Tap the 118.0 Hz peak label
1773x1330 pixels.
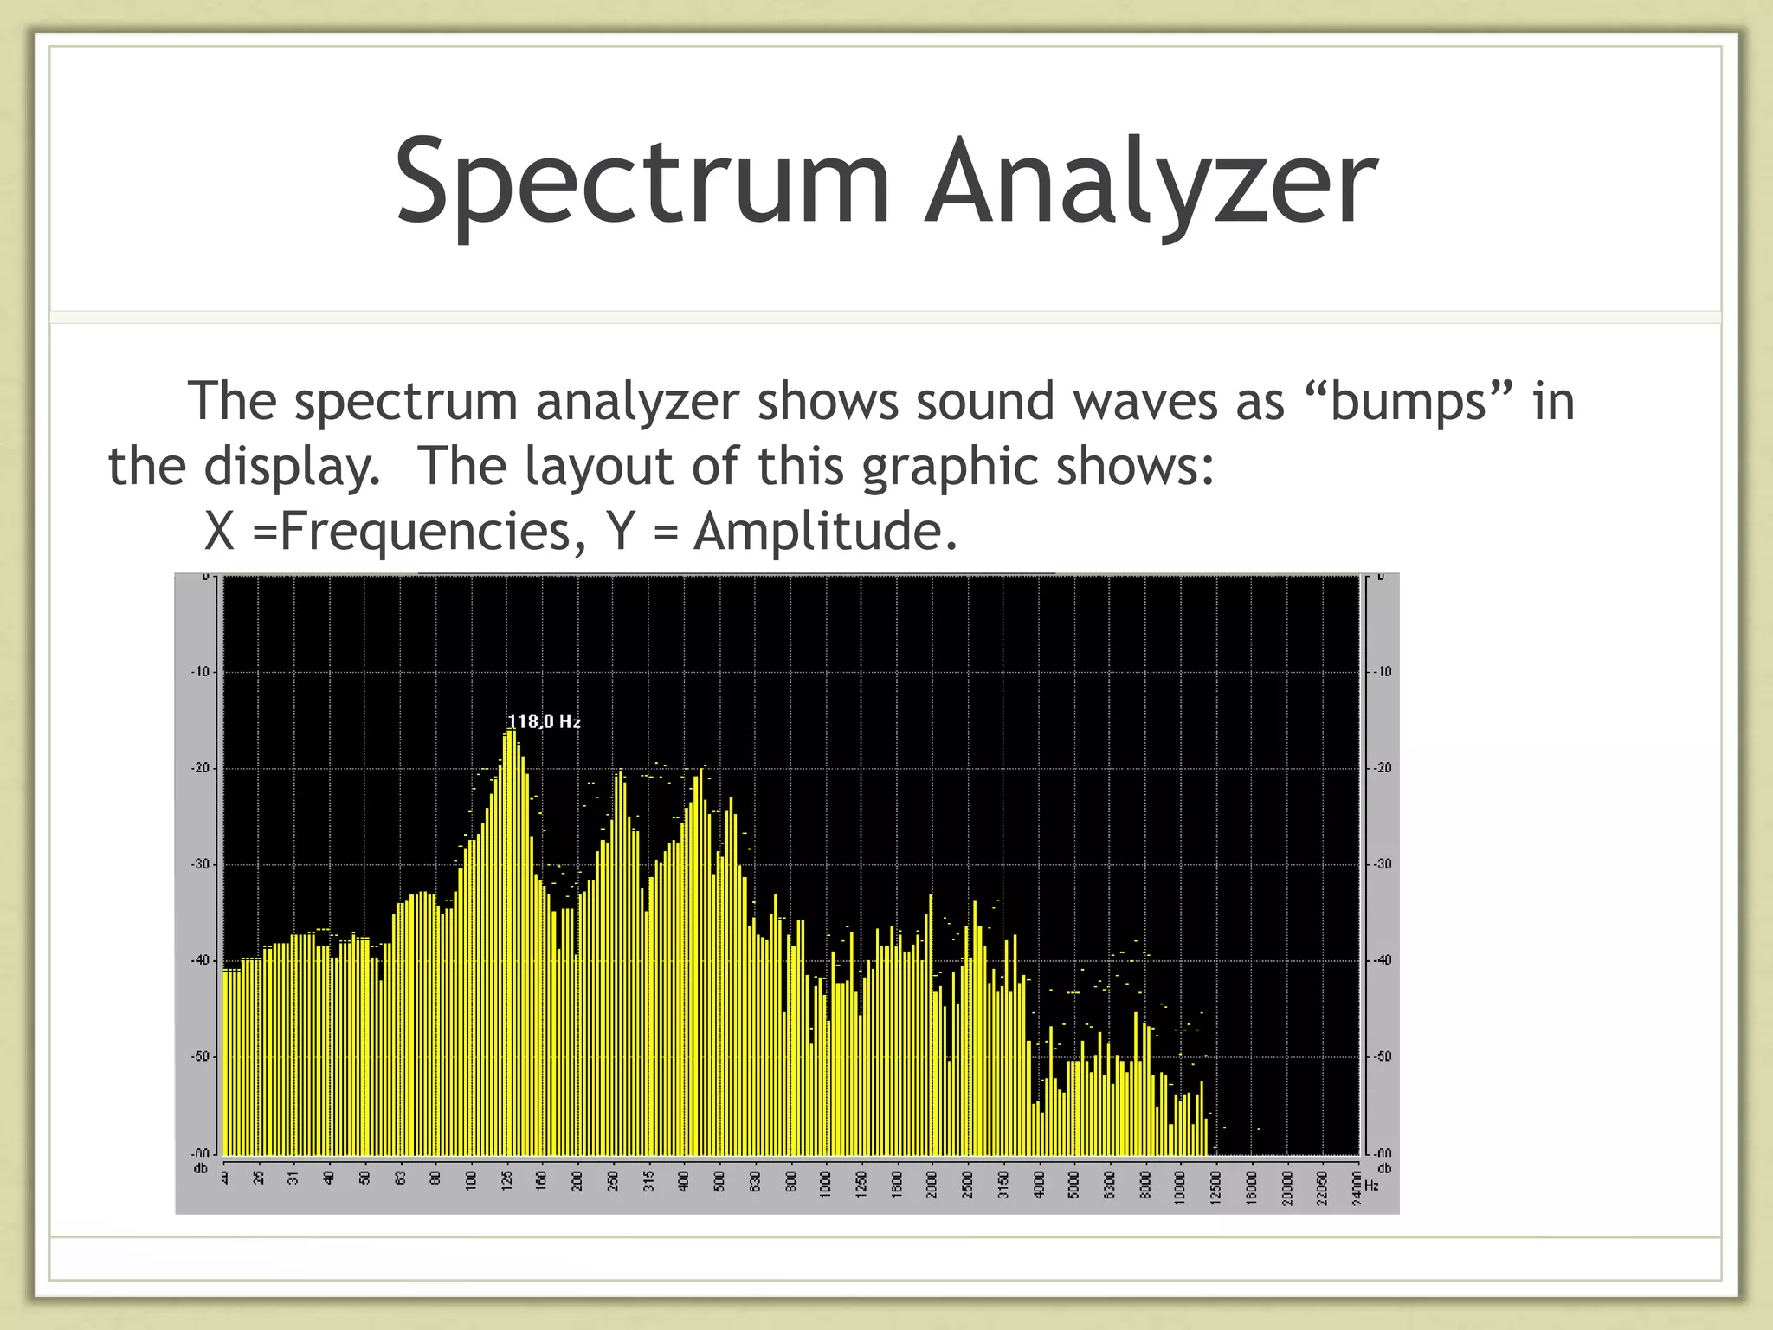click(x=544, y=721)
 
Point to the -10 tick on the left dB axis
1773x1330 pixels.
click(x=201, y=672)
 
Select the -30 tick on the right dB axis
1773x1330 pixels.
click(x=1383, y=864)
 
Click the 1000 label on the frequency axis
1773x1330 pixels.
click(x=826, y=1181)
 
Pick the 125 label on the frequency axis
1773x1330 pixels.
click(x=507, y=1179)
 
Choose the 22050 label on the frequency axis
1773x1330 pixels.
click(x=1322, y=1181)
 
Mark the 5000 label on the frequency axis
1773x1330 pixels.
click(x=1074, y=1181)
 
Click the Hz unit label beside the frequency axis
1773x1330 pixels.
click(x=1371, y=1185)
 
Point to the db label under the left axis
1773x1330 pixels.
click(x=200, y=1168)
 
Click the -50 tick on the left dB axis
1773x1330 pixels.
click(x=201, y=1057)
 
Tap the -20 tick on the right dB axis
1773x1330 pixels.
click(x=1383, y=768)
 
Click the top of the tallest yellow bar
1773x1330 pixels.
click(x=511, y=732)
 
